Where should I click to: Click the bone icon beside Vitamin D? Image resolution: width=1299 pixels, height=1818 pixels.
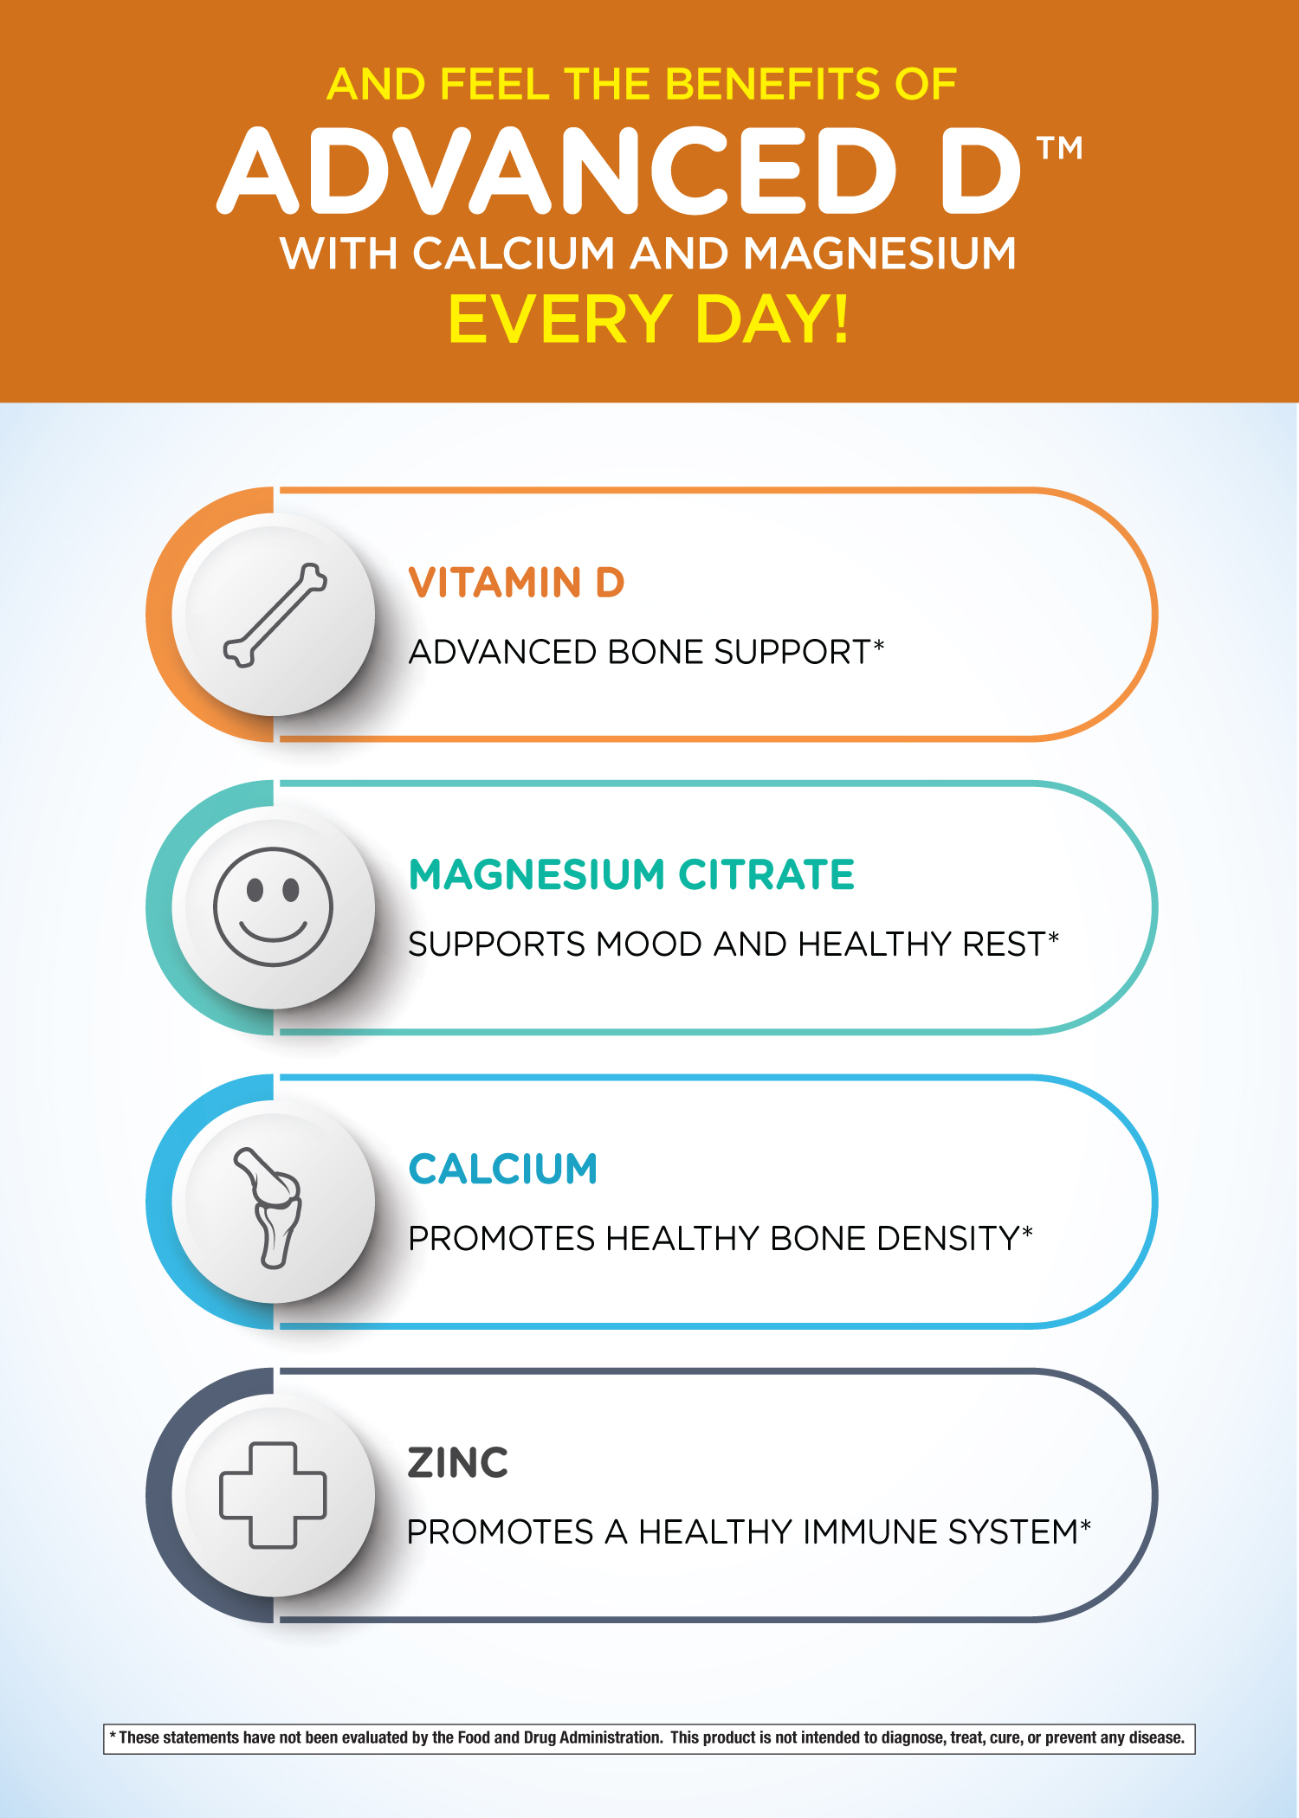tap(275, 616)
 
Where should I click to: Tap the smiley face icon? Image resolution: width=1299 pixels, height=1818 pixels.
tap(273, 906)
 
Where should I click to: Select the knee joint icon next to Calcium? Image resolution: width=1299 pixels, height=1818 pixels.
tap(268, 1208)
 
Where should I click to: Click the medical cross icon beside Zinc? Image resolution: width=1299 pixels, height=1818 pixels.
tap(273, 1495)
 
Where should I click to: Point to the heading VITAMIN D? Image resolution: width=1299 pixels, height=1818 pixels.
tap(516, 583)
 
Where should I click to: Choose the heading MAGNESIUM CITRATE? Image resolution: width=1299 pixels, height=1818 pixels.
tap(631, 874)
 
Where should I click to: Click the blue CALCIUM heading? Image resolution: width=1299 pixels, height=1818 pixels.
tap(503, 1169)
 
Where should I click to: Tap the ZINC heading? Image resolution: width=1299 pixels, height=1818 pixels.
tap(458, 1463)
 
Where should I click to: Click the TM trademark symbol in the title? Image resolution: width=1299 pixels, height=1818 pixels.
tap(1060, 148)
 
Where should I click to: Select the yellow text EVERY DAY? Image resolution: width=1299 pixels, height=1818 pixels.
tap(649, 319)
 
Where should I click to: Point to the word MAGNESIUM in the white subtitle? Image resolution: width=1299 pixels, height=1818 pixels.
tap(879, 254)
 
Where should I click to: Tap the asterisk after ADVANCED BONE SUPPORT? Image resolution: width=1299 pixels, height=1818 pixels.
tap(879, 645)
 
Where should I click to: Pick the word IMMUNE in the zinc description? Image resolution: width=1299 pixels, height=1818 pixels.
tap(869, 1532)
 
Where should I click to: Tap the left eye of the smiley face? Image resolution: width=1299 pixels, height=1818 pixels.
tap(255, 890)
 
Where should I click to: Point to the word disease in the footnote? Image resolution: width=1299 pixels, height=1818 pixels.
tap(1157, 1737)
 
